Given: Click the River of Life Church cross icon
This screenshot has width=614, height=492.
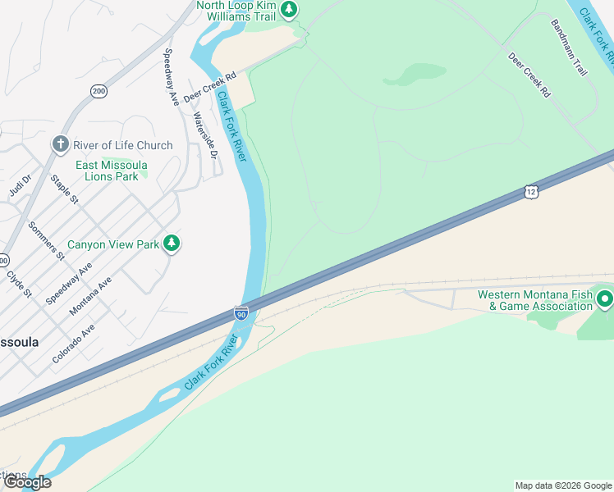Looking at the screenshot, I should coord(60,144).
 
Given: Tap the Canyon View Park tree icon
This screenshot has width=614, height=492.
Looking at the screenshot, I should coord(172,243).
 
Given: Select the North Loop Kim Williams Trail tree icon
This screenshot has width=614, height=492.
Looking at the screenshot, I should coord(288,9).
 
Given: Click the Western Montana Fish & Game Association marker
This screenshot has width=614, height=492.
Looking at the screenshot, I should coord(604,298).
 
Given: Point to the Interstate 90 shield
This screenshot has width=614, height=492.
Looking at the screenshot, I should coord(241,313).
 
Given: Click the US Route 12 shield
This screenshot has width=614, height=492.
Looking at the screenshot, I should coord(531,192).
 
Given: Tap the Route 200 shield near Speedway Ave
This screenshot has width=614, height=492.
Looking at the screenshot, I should coord(99,91).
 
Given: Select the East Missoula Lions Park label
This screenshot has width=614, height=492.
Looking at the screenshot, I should coord(108,171).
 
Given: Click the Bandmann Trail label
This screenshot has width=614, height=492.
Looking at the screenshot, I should coord(570,48).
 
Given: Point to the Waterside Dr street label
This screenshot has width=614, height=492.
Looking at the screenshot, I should coord(204,135).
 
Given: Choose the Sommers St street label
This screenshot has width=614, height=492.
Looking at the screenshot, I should coord(47,240).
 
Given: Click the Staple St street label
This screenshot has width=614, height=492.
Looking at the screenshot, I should coord(64,189).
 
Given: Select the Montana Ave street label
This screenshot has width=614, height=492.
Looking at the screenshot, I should coord(90,295).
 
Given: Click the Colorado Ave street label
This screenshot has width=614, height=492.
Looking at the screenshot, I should coord(73,343).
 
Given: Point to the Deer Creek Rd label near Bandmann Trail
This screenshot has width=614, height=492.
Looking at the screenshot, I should coord(529,75).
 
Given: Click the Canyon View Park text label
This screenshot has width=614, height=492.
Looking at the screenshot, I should coord(113,244).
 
